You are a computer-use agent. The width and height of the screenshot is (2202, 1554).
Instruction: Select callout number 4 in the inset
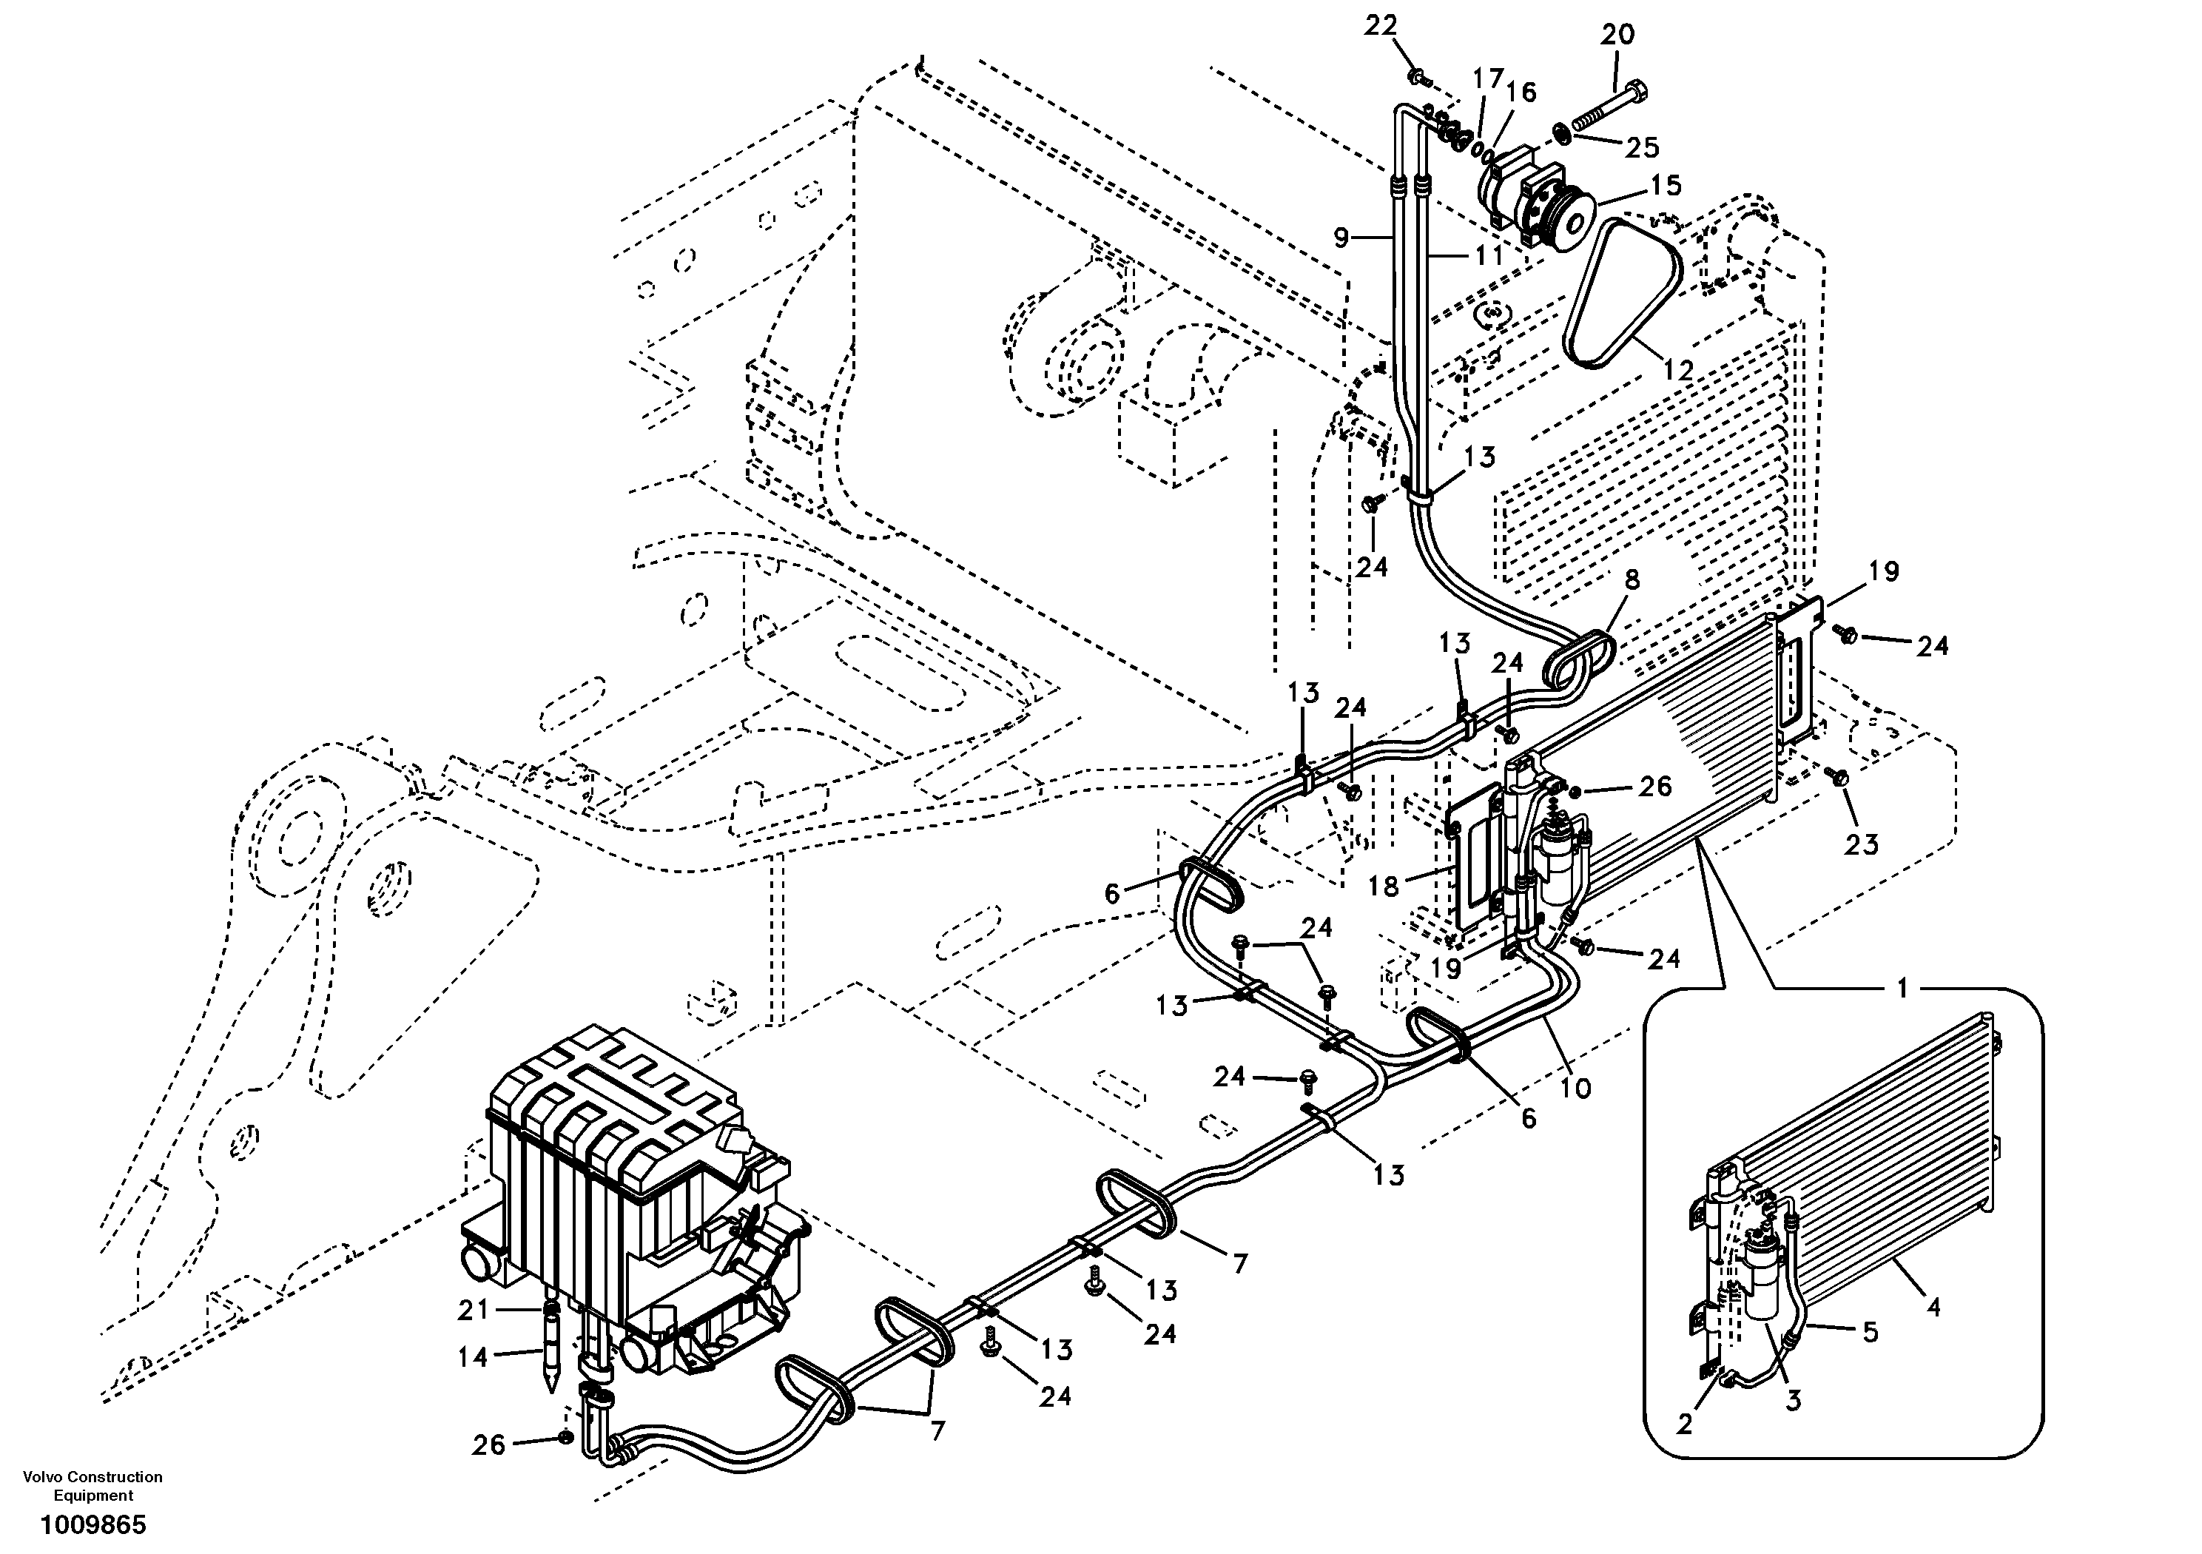1933,1307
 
